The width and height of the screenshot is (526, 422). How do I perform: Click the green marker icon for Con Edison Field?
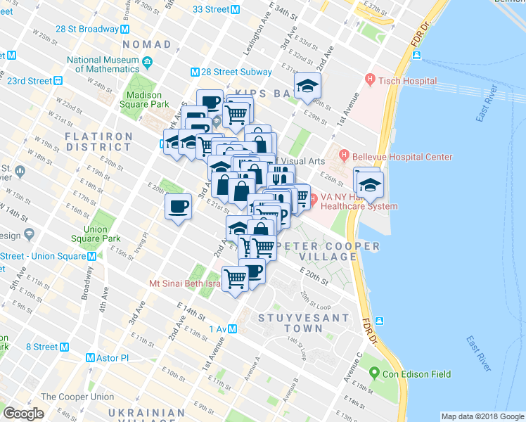pyautogui.click(x=375, y=373)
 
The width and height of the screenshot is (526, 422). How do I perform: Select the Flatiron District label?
pyautogui.click(x=99, y=141)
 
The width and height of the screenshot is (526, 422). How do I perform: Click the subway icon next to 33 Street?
pyautogui.click(x=236, y=9)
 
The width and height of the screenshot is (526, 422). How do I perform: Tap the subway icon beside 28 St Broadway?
pyautogui.click(x=124, y=29)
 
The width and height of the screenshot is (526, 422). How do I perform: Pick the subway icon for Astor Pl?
pyautogui.click(x=90, y=357)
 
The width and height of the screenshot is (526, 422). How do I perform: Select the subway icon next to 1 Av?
pyautogui.click(x=231, y=329)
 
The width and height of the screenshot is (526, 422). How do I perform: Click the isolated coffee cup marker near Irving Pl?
pyautogui.click(x=178, y=207)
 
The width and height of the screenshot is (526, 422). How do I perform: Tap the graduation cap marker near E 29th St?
pyautogui.click(x=307, y=87)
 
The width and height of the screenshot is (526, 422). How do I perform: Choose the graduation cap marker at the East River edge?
pyautogui.click(x=368, y=185)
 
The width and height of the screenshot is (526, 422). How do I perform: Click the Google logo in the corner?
pyautogui.click(x=23, y=414)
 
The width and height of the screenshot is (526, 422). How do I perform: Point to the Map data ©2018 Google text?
pyautogui.click(x=482, y=416)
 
